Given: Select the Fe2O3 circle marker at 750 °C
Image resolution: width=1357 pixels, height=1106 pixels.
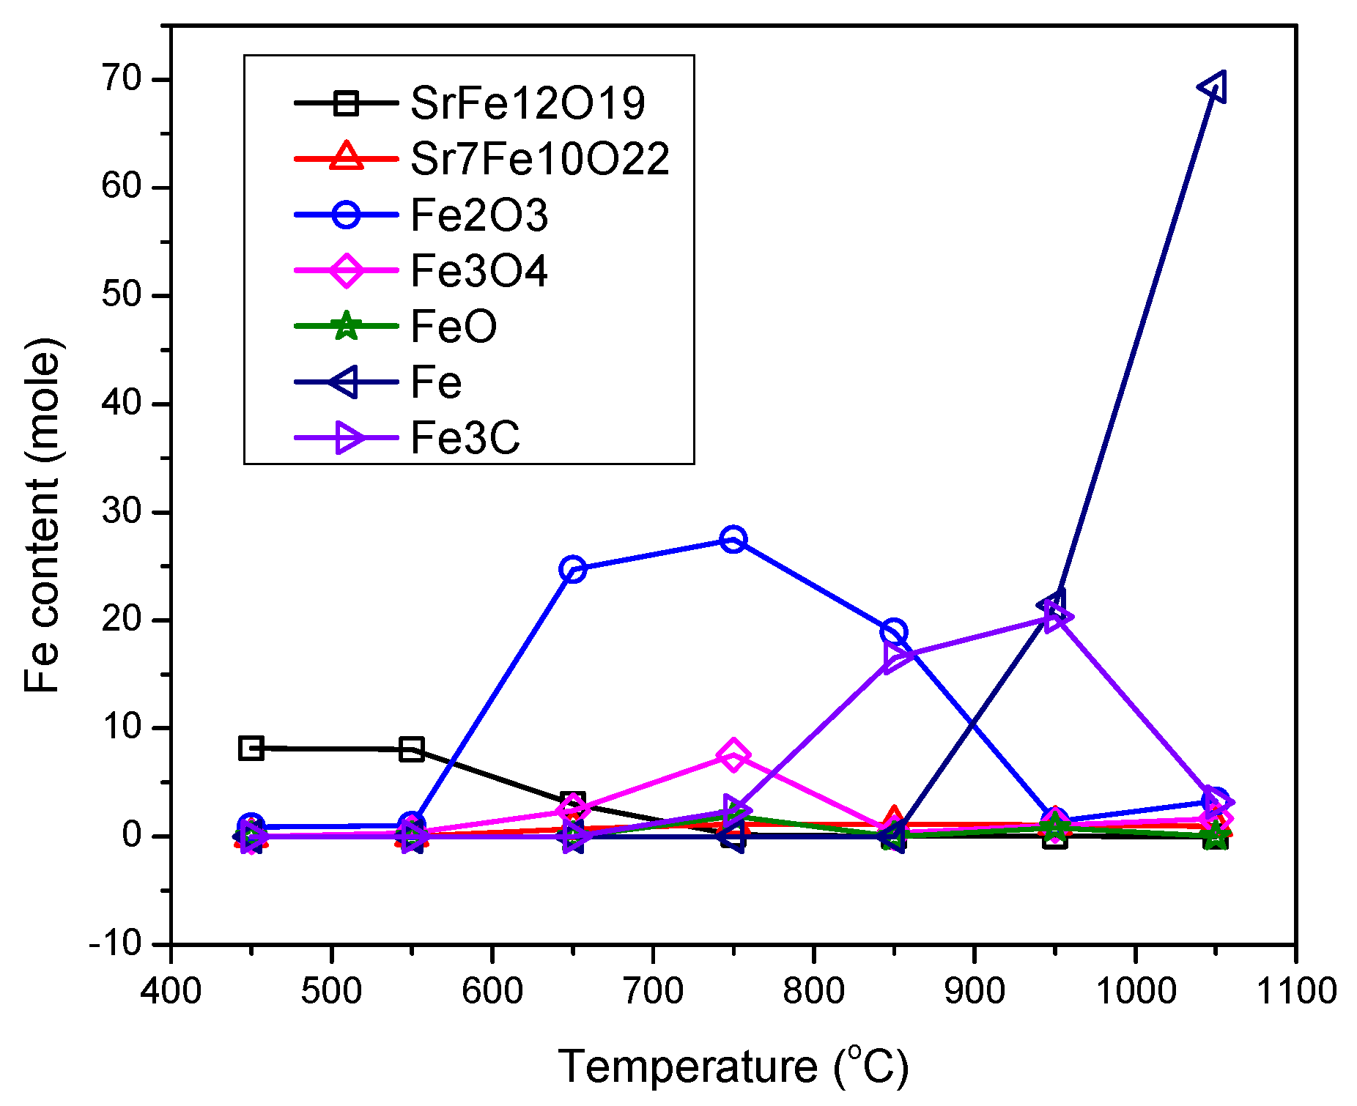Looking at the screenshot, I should (x=733, y=540).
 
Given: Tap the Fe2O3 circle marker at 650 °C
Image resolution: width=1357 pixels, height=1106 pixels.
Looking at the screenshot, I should (x=573, y=569).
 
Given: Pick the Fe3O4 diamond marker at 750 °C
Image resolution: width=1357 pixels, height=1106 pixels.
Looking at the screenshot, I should (x=733, y=755).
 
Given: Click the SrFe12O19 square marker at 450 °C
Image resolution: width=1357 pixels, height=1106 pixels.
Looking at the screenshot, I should (x=251, y=748).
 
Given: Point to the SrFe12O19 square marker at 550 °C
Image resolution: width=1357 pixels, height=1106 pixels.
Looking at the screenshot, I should (x=412, y=749).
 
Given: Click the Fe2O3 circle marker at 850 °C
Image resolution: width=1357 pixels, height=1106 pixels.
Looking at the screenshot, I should (x=894, y=631).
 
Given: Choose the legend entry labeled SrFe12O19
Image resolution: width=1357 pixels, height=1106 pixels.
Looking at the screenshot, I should (x=528, y=103).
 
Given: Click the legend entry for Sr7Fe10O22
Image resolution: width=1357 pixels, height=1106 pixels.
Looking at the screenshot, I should (x=540, y=158).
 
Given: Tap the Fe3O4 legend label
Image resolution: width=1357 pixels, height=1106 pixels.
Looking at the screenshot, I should (x=479, y=271).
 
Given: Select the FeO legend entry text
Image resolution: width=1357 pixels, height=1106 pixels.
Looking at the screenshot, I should (x=454, y=327).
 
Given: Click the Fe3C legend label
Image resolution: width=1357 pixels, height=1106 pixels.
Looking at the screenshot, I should (x=465, y=438).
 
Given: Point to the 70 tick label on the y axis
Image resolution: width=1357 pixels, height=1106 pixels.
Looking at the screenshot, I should (x=122, y=79).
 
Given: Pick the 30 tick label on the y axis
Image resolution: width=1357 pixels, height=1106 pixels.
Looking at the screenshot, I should (x=122, y=511).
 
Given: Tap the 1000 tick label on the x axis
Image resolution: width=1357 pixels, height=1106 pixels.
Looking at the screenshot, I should (x=1135, y=992).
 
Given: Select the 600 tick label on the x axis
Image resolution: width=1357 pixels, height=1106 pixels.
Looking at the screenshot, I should (x=492, y=992).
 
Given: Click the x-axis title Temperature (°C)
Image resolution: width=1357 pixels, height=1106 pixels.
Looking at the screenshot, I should (x=733, y=1066).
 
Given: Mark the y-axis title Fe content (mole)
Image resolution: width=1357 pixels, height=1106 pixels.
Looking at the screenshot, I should (x=42, y=516).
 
